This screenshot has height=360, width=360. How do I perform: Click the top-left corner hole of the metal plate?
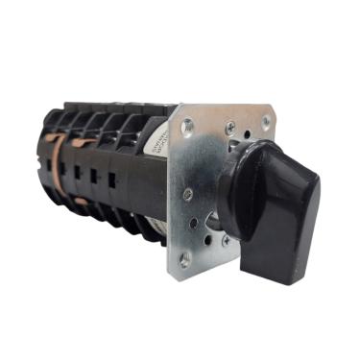[188, 123]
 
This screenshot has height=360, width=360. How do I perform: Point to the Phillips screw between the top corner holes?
[229, 126]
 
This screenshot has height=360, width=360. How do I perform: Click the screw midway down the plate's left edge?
[187, 193]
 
